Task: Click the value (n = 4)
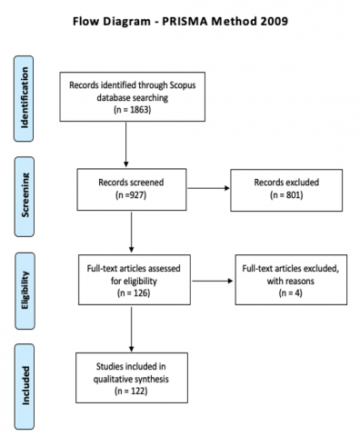pyautogui.click(x=282, y=293)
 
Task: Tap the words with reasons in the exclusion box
pyautogui.click(x=282, y=281)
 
